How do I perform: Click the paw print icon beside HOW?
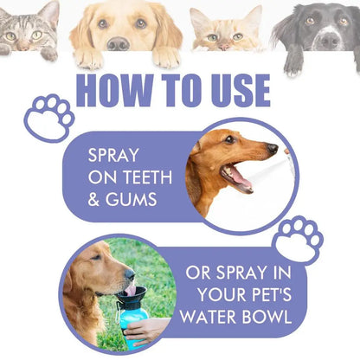tap(48, 117)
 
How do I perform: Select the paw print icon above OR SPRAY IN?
tap(299, 240)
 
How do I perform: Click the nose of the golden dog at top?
tap(118, 42)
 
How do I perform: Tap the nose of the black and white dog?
tap(328, 39)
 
